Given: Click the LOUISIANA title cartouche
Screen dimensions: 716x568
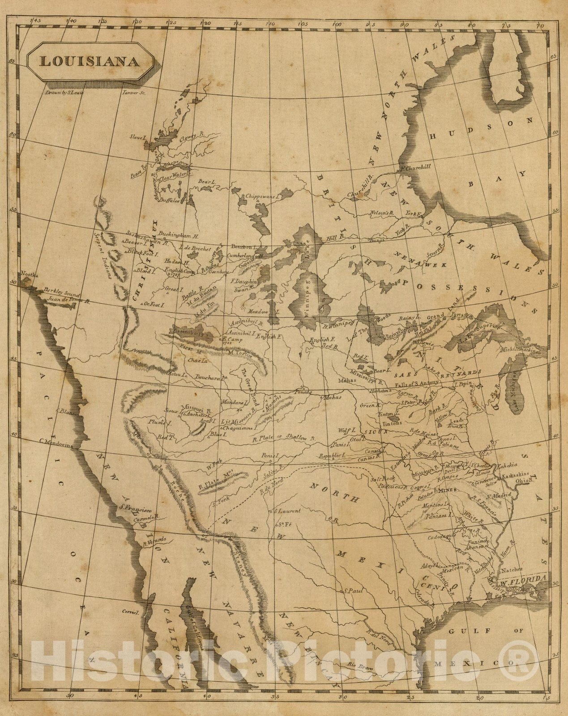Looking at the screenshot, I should pyautogui.click(x=90, y=61).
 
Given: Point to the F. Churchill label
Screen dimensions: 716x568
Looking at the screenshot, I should pyautogui.click(x=414, y=167).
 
